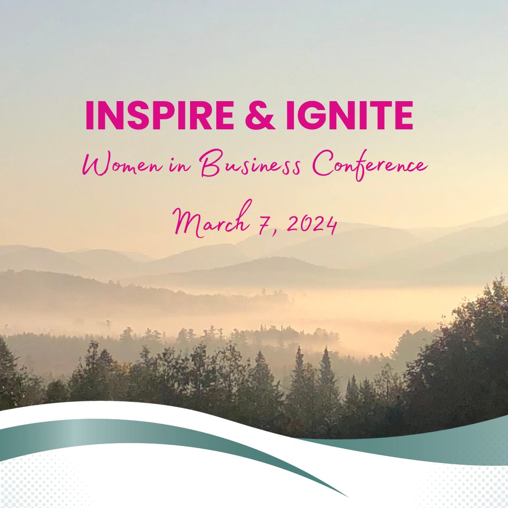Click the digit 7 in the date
271,225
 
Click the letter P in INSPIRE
158,116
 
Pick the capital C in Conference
323,165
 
